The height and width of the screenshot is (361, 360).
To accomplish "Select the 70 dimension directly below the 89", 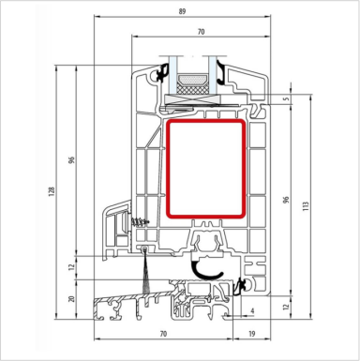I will pyautogui.click(x=202, y=31).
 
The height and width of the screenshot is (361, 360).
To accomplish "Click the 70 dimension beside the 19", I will pyautogui.click(x=163, y=334).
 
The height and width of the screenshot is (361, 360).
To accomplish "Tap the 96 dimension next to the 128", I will pyautogui.click(x=71, y=159).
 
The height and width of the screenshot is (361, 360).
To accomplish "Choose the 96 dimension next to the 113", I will pyautogui.click(x=286, y=202).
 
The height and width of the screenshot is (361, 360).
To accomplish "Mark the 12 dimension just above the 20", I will pyautogui.click(x=71, y=268).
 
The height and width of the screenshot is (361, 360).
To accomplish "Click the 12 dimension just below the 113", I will pyautogui.click(x=286, y=307).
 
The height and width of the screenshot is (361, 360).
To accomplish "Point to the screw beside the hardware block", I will pyautogui.click(x=142, y=222).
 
